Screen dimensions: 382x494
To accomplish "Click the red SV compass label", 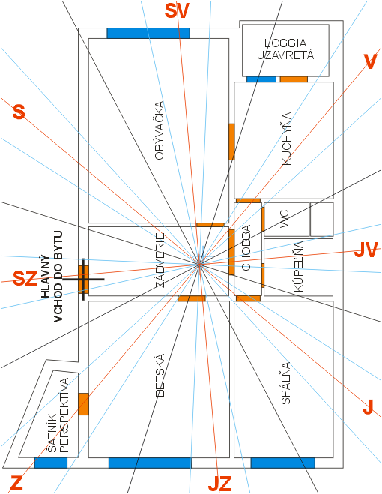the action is tap(177, 10).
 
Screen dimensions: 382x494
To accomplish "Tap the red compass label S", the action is tap(19, 112).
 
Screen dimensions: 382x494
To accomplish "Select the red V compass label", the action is tap(370, 61).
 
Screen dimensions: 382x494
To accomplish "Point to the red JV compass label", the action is tap(366, 250).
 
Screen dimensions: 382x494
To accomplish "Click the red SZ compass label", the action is tap(25, 279).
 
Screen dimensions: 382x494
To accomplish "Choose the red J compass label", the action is tap(368, 406).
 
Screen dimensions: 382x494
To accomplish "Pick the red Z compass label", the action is tap(16, 483).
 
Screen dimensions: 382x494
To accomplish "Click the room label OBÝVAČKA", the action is tap(160, 130).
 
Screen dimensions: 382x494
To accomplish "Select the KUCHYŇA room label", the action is tap(286, 139).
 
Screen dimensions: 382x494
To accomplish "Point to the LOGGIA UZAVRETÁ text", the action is tap(285, 49).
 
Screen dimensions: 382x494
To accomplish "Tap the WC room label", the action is tap(286, 219).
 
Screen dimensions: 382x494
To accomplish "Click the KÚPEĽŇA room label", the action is tap(298, 267).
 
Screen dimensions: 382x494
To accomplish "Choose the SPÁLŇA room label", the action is tap(285, 383).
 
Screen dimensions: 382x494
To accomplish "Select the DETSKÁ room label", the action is tap(160, 375).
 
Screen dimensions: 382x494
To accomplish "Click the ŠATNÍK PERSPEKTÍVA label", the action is tap(58, 415).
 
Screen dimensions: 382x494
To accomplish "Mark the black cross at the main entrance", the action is tap(83, 279).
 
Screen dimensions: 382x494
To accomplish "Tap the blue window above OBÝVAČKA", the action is tap(148, 34).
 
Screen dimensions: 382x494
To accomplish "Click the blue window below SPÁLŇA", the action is tap(283, 463).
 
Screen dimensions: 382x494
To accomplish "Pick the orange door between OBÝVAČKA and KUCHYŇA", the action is tap(231, 142).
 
